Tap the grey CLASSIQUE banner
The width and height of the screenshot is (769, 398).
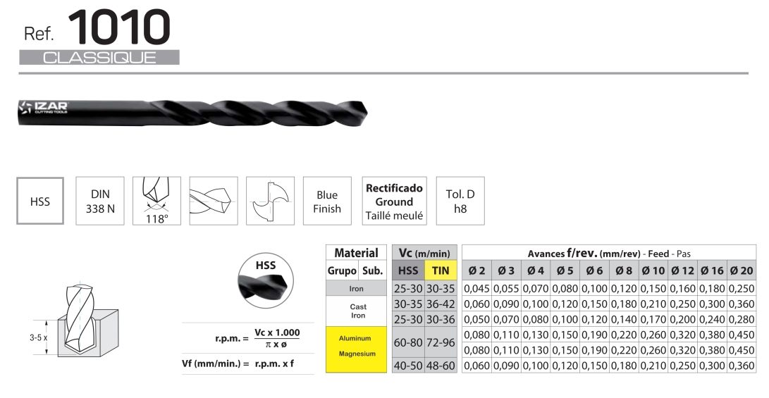click(x=99, y=57)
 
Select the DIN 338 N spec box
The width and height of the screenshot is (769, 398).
click(x=100, y=201)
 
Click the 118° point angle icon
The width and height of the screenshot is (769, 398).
click(x=156, y=201)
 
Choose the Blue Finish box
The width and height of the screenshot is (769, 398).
click(x=327, y=201)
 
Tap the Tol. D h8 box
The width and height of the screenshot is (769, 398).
click(x=460, y=201)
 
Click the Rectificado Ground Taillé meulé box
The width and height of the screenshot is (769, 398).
click(x=394, y=201)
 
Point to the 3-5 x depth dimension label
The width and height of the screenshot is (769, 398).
click(x=38, y=337)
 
